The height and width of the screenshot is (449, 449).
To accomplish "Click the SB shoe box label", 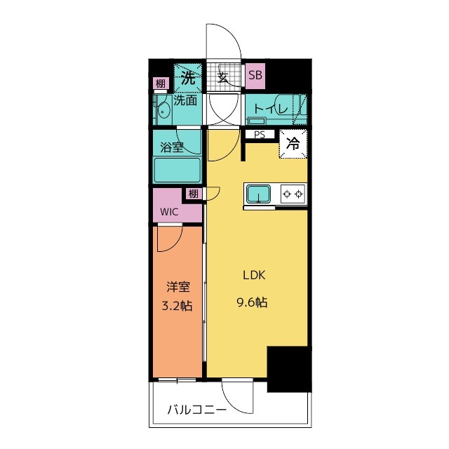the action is [255, 75].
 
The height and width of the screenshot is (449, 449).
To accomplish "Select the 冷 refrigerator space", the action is [293, 143].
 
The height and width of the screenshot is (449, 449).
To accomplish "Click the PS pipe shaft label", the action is [260, 134].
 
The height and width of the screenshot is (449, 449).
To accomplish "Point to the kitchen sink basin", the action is [259, 194].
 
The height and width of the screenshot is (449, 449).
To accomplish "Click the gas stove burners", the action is [293, 194].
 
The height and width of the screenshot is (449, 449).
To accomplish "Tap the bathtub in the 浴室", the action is [177, 170].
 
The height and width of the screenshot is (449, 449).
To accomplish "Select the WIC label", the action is [169, 212].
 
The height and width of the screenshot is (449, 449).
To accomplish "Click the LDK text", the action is [254, 275].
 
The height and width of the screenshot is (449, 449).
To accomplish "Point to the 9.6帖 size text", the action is [252, 302].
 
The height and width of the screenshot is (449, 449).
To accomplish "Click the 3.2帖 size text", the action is [177, 306].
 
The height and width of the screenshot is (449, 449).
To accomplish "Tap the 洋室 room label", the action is [178, 287].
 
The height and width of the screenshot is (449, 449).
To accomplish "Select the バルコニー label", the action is [196, 410].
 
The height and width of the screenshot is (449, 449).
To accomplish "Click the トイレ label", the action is [271, 109].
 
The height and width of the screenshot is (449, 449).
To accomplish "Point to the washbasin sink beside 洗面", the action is [163, 111].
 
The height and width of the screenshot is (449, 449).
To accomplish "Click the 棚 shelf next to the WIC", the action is [194, 194].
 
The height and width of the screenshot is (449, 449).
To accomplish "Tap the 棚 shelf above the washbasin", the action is [161, 83].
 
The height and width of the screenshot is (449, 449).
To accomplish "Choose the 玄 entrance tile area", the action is [223, 77].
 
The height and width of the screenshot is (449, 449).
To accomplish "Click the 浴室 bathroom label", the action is [171, 148].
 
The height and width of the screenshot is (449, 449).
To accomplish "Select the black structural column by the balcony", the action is [289, 369].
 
